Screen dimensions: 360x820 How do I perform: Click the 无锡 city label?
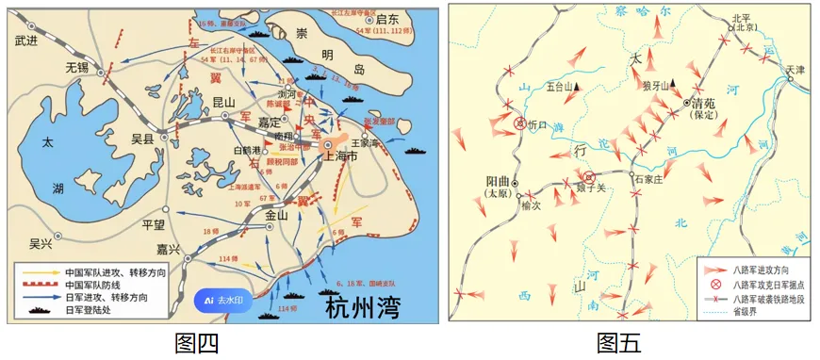click(75, 68)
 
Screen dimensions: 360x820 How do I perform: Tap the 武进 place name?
click(29, 41)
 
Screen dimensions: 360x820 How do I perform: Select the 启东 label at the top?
click(387, 19)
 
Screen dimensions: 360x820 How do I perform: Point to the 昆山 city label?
click(223, 101)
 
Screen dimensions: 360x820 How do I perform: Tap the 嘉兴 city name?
click(170, 250)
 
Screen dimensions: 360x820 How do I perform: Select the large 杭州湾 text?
click(369, 307)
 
